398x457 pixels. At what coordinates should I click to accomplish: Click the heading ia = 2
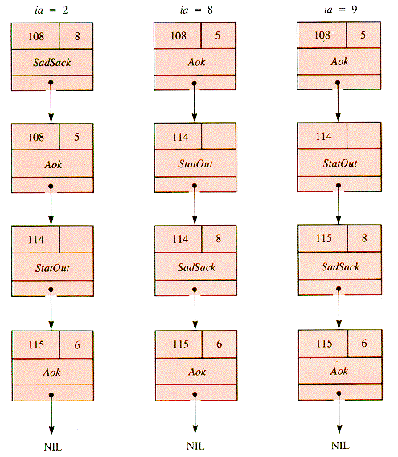(x=51, y=10)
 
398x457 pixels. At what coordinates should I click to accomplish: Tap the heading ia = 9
(x=341, y=10)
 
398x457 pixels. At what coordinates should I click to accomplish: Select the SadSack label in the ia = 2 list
(x=52, y=62)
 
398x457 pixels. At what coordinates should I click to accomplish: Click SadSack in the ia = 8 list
(x=196, y=267)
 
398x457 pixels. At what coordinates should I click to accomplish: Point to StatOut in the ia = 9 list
(x=340, y=163)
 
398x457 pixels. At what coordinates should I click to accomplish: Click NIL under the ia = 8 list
(x=195, y=446)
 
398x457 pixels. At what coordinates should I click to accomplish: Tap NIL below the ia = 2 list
(x=53, y=447)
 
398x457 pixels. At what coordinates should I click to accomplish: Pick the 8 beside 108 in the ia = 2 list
(x=77, y=36)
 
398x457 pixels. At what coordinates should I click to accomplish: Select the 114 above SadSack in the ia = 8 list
(x=180, y=239)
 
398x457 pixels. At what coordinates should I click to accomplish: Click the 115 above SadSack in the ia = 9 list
(x=324, y=238)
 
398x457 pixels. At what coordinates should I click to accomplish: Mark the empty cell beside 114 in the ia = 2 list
(x=76, y=240)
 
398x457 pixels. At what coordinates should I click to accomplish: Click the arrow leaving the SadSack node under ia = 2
(x=51, y=101)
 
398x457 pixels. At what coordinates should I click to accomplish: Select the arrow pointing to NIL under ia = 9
(x=339, y=413)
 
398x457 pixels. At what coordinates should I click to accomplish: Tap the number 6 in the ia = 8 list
(x=220, y=344)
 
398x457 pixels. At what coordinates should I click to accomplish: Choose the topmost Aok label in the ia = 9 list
(x=339, y=61)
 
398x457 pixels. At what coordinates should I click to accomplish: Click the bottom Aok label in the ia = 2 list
(x=52, y=372)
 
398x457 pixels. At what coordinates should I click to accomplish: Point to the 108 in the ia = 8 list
(x=178, y=35)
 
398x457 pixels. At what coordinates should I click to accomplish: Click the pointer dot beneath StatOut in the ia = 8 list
(x=195, y=186)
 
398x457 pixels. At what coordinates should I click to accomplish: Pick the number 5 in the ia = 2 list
(x=76, y=137)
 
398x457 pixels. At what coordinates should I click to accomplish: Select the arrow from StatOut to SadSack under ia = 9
(x=339, y=204)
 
